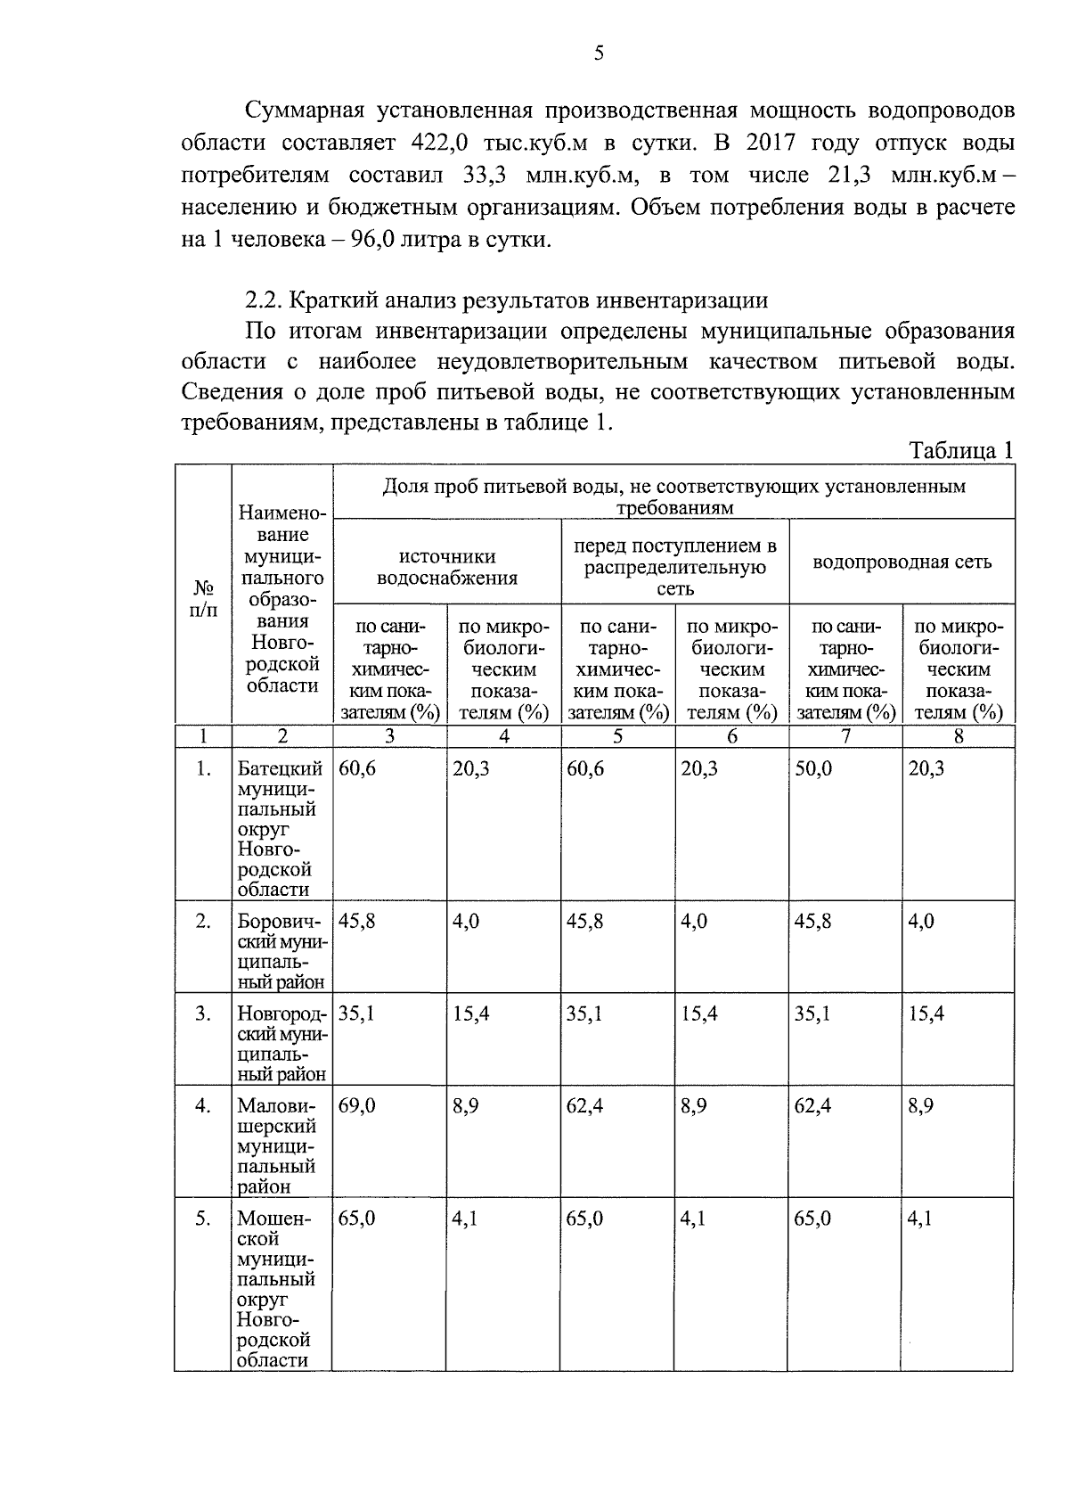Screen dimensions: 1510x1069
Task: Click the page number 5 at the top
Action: (599, 53)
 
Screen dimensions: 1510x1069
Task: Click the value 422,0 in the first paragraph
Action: (446, 144)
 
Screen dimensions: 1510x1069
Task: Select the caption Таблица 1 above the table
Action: (960, 450)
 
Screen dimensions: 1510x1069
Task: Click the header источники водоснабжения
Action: (446, 567)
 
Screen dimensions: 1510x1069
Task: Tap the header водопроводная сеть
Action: (902, 562)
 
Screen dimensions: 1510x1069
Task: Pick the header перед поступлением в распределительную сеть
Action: (674, 567)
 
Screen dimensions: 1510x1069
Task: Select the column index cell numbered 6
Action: (731, 736)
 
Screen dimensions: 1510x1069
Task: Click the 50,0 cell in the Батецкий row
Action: (813, 768)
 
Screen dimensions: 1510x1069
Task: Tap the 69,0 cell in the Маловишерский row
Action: (356, 1105)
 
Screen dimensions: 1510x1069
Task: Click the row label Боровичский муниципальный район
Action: (282, 951)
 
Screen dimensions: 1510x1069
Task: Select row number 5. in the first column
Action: (203, 1219)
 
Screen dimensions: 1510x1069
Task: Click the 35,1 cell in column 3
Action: (356, 1014)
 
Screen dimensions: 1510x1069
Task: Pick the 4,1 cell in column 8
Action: (920, 1219)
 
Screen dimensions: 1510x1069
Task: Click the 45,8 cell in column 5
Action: (584, 921)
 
